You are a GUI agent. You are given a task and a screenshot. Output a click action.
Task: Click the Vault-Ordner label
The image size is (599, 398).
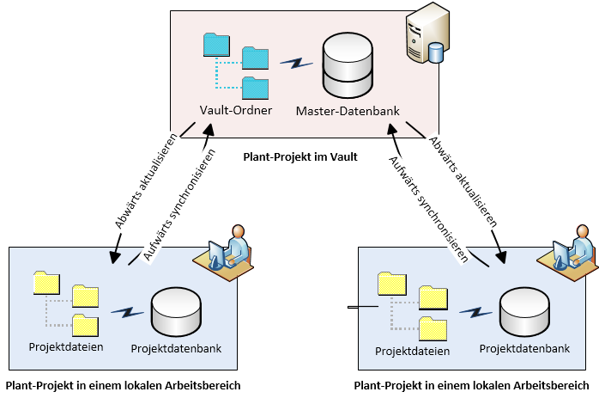click(x=236, y=110)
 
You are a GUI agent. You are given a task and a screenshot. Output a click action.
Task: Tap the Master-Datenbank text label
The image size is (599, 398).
click(x=347, y=111)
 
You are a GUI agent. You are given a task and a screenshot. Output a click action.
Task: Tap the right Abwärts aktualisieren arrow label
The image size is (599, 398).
click(x=463, y=181)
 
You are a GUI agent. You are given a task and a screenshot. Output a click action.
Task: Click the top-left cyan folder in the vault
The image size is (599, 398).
click(x=216, y=45)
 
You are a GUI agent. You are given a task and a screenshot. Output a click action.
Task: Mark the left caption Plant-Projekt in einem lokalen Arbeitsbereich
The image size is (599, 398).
click(x=123, y=386)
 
